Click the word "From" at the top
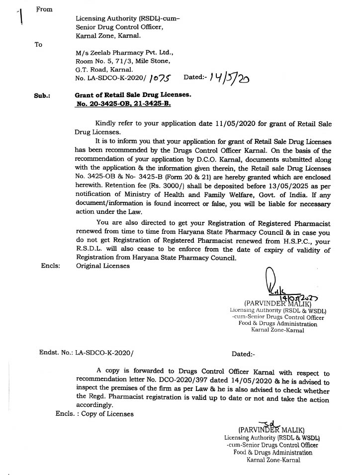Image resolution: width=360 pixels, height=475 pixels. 45,9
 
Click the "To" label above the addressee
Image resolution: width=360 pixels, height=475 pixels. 39,44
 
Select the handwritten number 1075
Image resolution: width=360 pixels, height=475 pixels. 160,78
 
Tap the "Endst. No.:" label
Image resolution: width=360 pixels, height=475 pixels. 56,354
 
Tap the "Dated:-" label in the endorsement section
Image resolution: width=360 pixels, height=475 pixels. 243,354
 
